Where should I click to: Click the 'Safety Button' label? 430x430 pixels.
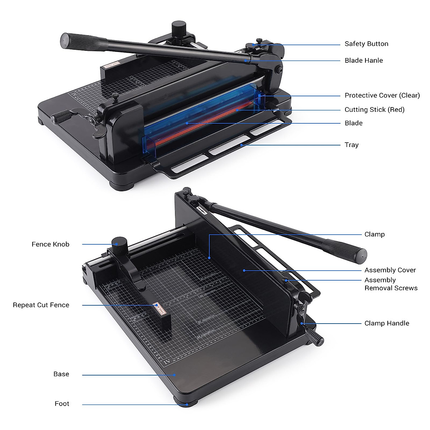tap(366, 44)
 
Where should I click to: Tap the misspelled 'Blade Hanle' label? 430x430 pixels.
tap(363, 61)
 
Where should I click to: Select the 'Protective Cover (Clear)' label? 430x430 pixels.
tap(382, 95)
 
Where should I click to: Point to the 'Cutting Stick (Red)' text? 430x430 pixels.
tap(374, 110)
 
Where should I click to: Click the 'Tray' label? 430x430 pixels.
tap(351, 145)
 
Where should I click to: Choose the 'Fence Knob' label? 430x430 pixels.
tap(51, 244)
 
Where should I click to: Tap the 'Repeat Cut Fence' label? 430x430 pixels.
tap(41, 305)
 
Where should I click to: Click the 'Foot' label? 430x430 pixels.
tap(62, 404)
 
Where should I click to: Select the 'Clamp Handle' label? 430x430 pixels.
tap(387, 323)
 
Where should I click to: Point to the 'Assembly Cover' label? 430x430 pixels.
tap(390, 270)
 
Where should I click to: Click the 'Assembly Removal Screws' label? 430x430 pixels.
tap(391, 284)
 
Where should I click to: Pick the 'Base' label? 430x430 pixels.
tap(61, 374)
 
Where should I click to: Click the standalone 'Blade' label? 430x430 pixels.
tap(353, 123)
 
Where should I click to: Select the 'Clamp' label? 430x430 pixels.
tap(374, 234)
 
